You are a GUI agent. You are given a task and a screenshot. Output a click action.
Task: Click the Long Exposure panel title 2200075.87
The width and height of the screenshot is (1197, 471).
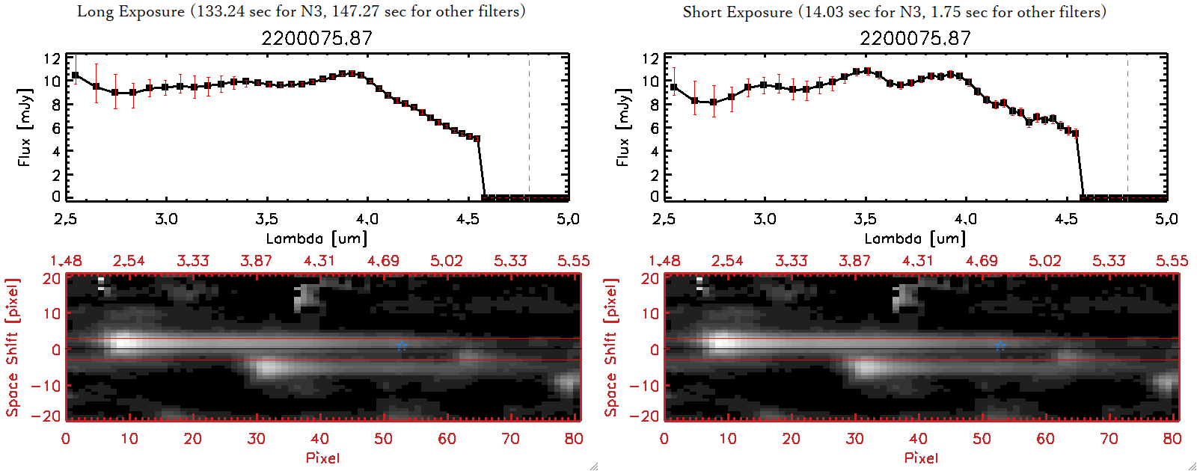pos(316,38)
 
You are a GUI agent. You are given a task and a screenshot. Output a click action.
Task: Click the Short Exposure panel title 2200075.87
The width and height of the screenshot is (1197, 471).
pos(915,38)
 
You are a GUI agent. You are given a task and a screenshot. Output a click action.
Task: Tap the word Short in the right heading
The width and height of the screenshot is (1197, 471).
pos(702,12)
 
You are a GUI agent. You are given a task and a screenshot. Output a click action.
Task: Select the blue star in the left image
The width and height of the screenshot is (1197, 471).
pos(402,345)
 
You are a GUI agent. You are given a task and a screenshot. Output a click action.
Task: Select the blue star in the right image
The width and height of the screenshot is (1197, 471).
pos(1000,345)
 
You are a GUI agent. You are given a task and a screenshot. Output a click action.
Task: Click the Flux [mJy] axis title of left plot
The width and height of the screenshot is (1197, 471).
pos(25,127)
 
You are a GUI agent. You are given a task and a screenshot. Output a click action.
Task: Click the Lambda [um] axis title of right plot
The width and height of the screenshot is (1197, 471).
pos(915,238)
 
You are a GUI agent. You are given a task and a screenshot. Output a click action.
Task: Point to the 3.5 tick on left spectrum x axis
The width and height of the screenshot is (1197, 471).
pos(266,219)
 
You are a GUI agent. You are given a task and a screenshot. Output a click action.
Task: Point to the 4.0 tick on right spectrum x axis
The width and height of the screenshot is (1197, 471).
pos(965,219)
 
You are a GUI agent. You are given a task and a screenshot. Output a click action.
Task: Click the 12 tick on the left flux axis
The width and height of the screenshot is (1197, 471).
pos(52,58)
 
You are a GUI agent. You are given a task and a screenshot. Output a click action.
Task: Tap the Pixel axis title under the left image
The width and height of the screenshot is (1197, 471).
pos(322,458)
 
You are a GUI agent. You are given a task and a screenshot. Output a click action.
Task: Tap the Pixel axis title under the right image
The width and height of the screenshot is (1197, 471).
pos(921,458)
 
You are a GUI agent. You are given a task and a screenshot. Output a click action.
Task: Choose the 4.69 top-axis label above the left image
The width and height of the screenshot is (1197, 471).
pos(383,261)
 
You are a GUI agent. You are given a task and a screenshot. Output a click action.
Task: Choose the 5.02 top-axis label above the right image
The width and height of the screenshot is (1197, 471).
pos(1045,261)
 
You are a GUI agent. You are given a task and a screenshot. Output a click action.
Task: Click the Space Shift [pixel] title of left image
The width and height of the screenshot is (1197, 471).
pos(12,347)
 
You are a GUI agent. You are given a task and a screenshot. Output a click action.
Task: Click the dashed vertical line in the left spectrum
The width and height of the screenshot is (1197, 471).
pos(529,127)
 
